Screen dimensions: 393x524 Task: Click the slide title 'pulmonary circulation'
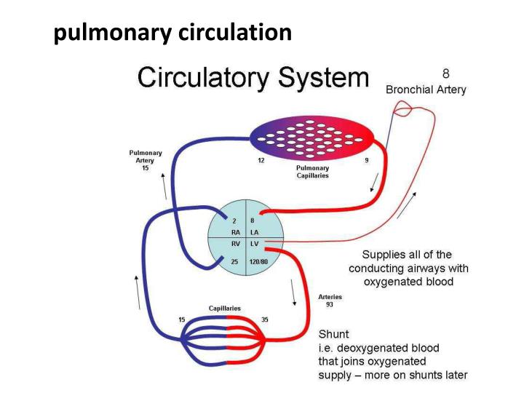pos(173,33)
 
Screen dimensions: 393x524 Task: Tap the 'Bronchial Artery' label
pos(426,90)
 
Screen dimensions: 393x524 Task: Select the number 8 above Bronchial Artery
pos(445,74)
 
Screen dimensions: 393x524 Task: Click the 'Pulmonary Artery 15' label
pos(146,160)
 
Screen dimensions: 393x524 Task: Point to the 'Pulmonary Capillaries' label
pos(312,172)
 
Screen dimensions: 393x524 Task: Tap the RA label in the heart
pos(236,232)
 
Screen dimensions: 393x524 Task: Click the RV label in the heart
pos(236,245)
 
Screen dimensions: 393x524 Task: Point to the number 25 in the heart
pos(234,261)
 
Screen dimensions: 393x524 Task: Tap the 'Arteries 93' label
pos(330,301)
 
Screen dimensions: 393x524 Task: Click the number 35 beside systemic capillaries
pos(264,319)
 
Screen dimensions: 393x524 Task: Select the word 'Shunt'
pos(334,334)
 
